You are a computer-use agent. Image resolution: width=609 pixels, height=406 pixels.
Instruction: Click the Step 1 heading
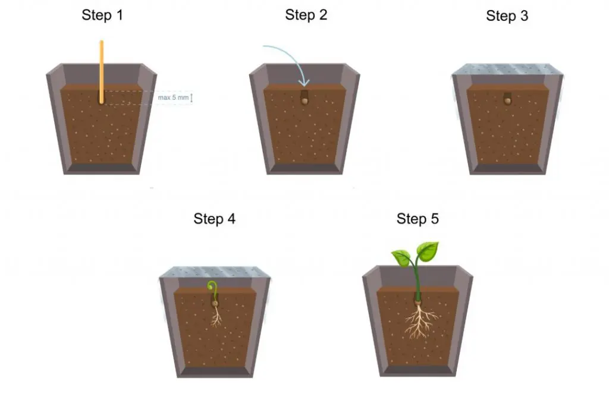pos(102,15)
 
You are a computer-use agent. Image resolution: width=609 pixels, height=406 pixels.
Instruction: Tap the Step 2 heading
pos(306,15)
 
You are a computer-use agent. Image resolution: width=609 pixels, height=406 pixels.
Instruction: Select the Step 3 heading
pos(507,15)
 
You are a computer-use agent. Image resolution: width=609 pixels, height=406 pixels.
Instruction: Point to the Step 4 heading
pos(214,219)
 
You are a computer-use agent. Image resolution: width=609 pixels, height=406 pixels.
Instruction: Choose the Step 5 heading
pos(417,219)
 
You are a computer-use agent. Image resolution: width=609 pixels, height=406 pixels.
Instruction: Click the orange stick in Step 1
pos(102,72)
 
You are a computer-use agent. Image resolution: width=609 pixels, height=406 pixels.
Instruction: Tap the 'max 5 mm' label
pos(173,97)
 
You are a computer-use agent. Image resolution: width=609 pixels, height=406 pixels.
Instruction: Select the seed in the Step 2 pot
pos(305,101)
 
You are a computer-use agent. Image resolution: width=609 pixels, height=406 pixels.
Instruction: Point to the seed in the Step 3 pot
pos(508,101)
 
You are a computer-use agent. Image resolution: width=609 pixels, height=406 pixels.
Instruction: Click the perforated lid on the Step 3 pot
pos(507,69)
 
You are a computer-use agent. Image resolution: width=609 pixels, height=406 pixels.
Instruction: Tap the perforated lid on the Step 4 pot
pos(215,272)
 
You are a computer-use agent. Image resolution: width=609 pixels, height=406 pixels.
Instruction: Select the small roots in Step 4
pos(216,316)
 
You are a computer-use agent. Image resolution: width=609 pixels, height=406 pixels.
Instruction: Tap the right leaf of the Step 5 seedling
pos(428,251)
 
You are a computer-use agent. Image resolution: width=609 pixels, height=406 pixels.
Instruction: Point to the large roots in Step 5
pos(419,321)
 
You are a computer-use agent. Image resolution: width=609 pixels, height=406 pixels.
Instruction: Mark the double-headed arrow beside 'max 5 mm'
pos(192,97)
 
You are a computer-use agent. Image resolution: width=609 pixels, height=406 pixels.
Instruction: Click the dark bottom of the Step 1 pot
pos(102,168)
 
